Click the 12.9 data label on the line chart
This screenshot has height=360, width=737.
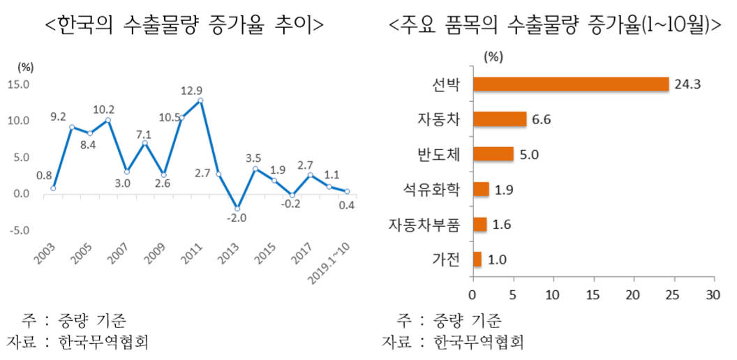coord(191,90)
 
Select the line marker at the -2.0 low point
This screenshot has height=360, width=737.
coord(237,209)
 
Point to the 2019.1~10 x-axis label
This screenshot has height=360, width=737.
coord(331,264)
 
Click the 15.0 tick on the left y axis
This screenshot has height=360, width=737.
coord(17,85)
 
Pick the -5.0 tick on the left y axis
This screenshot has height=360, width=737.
coord(17,230)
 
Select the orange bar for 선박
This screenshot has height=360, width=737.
coord(571,84)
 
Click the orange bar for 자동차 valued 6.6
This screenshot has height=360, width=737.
coord(500,119)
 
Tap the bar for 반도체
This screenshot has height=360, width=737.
coord(493,154)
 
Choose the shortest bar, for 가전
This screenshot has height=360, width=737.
coord(477,259)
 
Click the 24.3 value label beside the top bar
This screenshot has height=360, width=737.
coord(687,84)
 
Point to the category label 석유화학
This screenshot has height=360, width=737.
coord(435,190)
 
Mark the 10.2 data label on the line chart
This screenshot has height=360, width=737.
coord(104,110)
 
